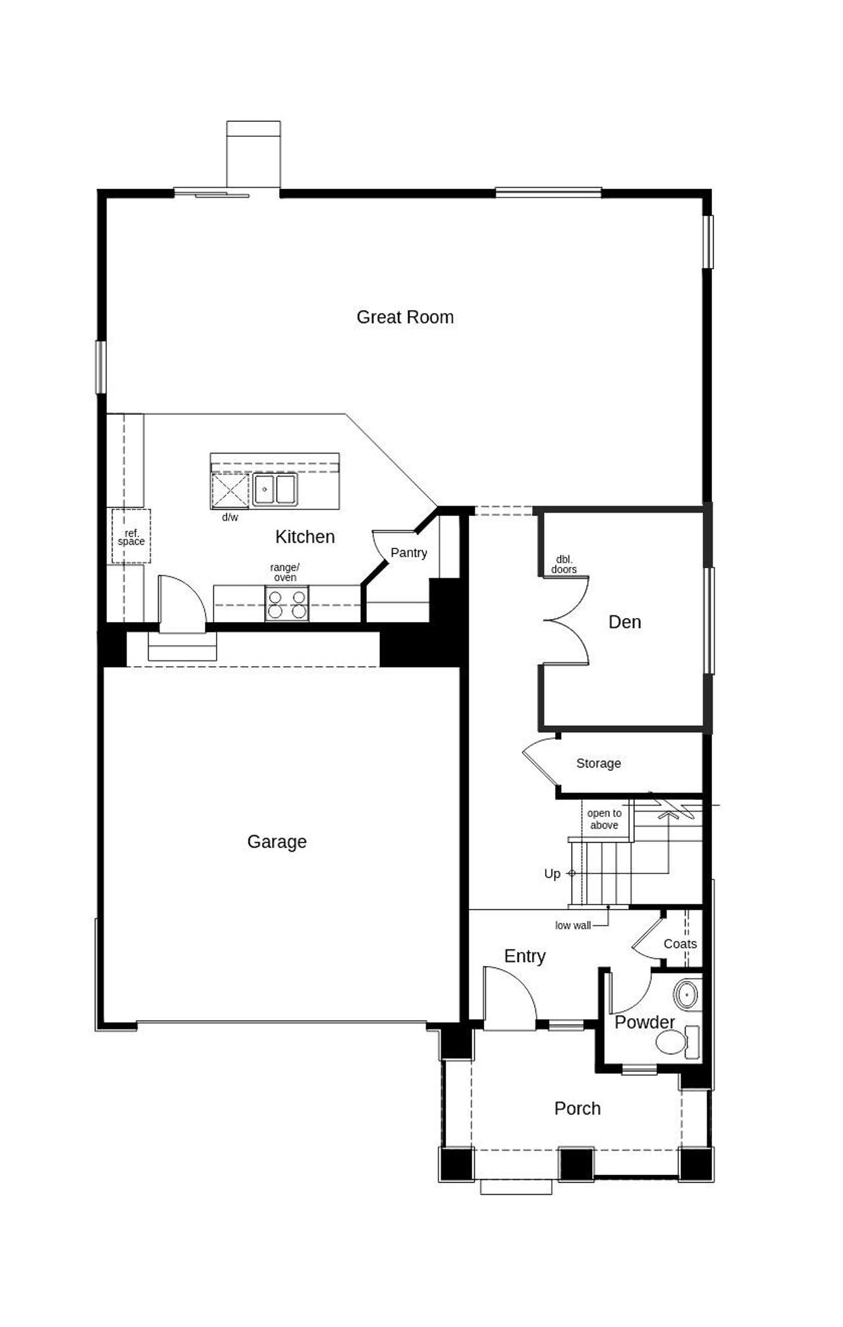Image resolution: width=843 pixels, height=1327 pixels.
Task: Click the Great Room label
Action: [405, 317]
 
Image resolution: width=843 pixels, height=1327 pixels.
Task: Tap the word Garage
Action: [277, 842]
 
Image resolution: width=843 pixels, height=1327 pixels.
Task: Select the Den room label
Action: [624, 622]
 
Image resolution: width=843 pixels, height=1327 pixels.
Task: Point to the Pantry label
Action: [408, 553]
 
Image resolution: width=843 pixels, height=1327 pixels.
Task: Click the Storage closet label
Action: [598, 764]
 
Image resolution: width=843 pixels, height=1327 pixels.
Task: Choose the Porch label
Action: [577, 1108]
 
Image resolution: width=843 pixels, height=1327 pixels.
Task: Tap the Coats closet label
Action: [680, 944]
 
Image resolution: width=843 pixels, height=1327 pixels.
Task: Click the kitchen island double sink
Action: [275, 490]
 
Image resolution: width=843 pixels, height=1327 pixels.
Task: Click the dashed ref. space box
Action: [131, 536]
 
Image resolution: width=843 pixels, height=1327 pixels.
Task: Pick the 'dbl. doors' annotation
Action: [564, 565]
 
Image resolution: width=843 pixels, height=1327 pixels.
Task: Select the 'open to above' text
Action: [604, 819]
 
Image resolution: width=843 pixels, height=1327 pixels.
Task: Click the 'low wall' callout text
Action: [572, 925]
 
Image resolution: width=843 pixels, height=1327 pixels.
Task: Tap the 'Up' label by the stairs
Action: [552, 874]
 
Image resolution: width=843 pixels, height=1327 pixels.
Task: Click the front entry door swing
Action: [509, 996]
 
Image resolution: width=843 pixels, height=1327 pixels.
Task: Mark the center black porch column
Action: [576, 1164]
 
